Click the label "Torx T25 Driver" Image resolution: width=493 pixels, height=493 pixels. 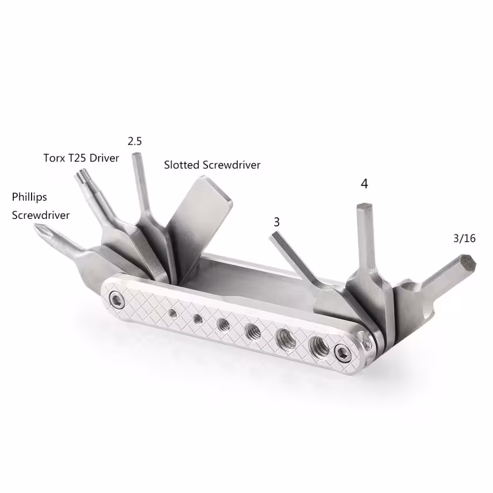point(81,157)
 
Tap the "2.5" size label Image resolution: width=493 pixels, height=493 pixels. point(134,141)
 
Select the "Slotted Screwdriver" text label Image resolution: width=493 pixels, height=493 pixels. point(212,165)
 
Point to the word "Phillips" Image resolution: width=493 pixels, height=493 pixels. point(29,197)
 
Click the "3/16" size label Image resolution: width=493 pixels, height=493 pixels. point(464,238)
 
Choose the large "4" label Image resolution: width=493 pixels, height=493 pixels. point(364,184)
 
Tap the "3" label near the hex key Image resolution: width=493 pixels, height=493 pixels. point(277,221)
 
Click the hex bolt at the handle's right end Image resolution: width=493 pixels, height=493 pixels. point(344,353)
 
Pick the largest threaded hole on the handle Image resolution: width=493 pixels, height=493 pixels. point(317,345)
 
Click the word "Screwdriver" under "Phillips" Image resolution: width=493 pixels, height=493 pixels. point(41,215)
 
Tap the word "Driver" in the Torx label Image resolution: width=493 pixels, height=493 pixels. point(105,157)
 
